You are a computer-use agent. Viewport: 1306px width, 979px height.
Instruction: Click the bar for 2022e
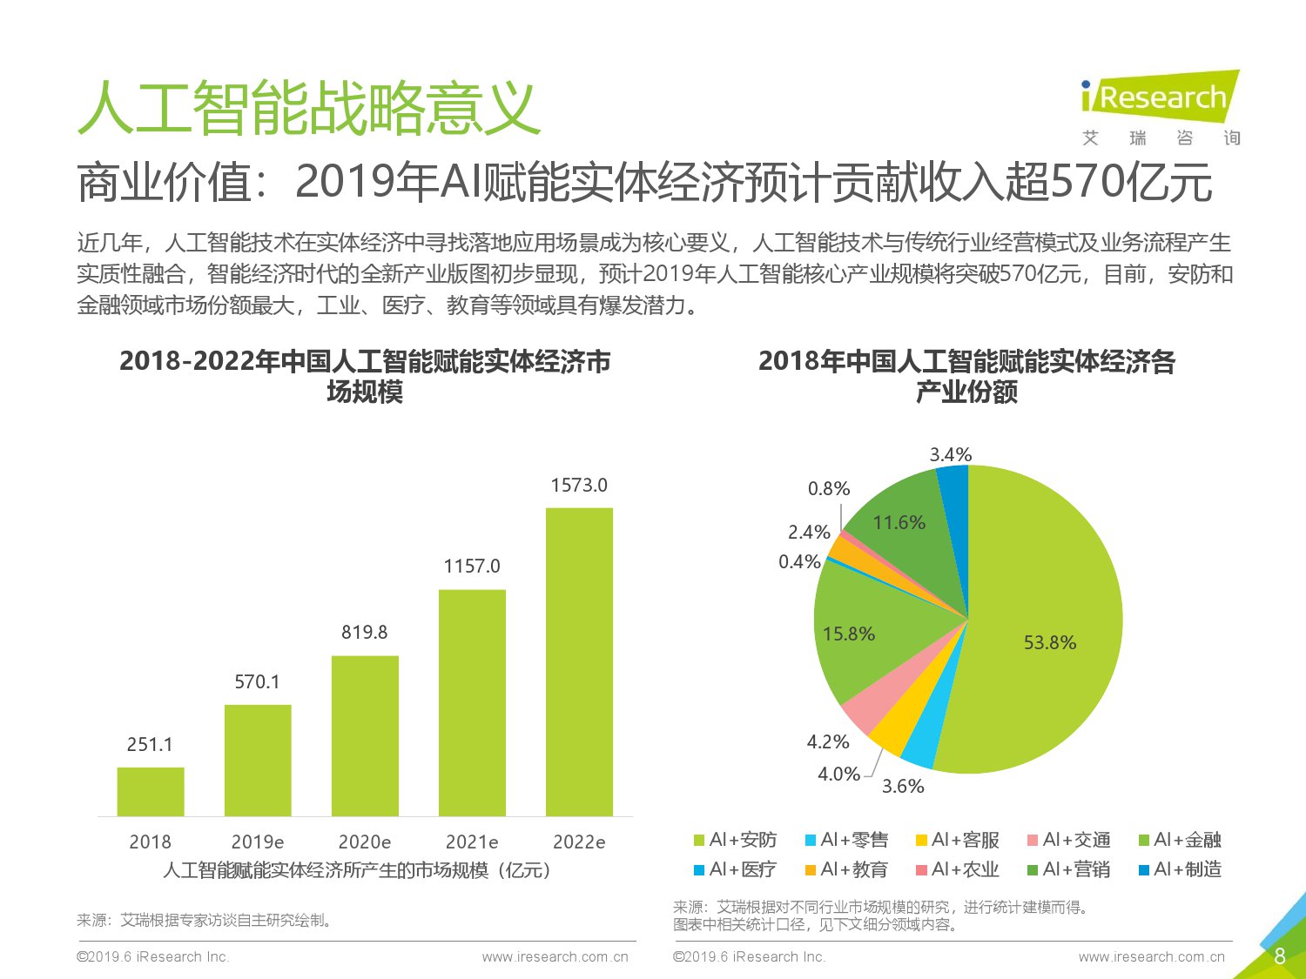tap(579, 661)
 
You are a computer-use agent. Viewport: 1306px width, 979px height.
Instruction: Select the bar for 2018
tap(151, 792)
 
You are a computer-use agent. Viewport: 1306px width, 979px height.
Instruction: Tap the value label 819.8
tap(364, 633)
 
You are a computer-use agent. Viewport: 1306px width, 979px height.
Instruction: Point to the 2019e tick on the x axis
tap(257, 842)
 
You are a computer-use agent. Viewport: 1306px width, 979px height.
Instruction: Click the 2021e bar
tap(472, 703)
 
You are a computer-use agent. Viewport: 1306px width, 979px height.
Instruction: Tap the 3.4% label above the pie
tap(950, 454)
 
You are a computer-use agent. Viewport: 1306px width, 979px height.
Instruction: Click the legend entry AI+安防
tap(735, 840)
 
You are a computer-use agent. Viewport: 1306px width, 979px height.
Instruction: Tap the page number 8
tap(1279, 956)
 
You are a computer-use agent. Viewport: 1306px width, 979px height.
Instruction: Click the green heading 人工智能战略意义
tap(309, 109)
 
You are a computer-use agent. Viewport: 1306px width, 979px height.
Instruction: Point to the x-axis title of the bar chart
tap(357, 870)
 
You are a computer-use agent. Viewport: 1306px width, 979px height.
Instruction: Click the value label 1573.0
tap(579, 486)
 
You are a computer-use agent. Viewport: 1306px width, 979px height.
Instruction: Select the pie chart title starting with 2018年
tap(966, 376)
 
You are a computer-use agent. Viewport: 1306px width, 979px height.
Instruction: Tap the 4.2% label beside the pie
tap(827, 741)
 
